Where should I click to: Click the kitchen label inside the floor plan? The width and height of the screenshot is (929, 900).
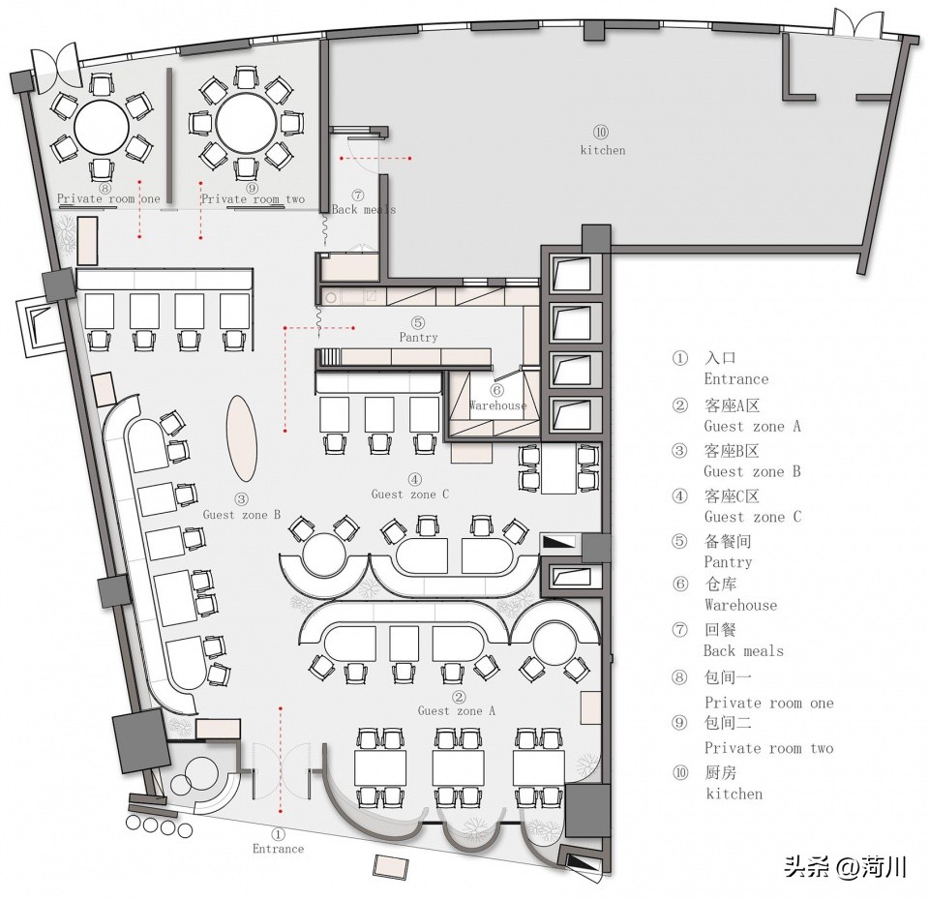tap(602, 150)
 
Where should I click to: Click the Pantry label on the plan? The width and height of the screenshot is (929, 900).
tap(418, 338)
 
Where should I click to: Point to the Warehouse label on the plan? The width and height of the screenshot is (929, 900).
tap(498, 405)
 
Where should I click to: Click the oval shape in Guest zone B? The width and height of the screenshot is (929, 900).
tap(243, 438)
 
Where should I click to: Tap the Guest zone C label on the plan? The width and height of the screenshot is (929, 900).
tap(410, 495)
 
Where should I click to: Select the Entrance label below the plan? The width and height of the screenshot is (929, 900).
tap(278, 849)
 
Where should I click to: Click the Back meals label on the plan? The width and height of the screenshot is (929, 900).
tap(363, 209)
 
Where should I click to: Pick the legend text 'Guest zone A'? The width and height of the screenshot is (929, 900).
tap(752, 426)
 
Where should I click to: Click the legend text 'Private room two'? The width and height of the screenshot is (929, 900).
tap(768, 748)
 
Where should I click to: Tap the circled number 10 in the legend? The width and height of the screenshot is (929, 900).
tap(679, 772)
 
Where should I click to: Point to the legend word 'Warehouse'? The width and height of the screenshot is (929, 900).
tap(740, 605)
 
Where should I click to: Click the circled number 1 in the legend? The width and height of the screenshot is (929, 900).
tap(679, 358)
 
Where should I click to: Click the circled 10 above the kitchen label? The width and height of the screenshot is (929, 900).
tap(601, 132)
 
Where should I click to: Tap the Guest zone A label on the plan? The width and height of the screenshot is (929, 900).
tap(457, 710)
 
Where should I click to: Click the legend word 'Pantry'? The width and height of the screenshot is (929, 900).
tap(728, 562)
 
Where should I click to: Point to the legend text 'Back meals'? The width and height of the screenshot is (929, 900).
tap(743, 651)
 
